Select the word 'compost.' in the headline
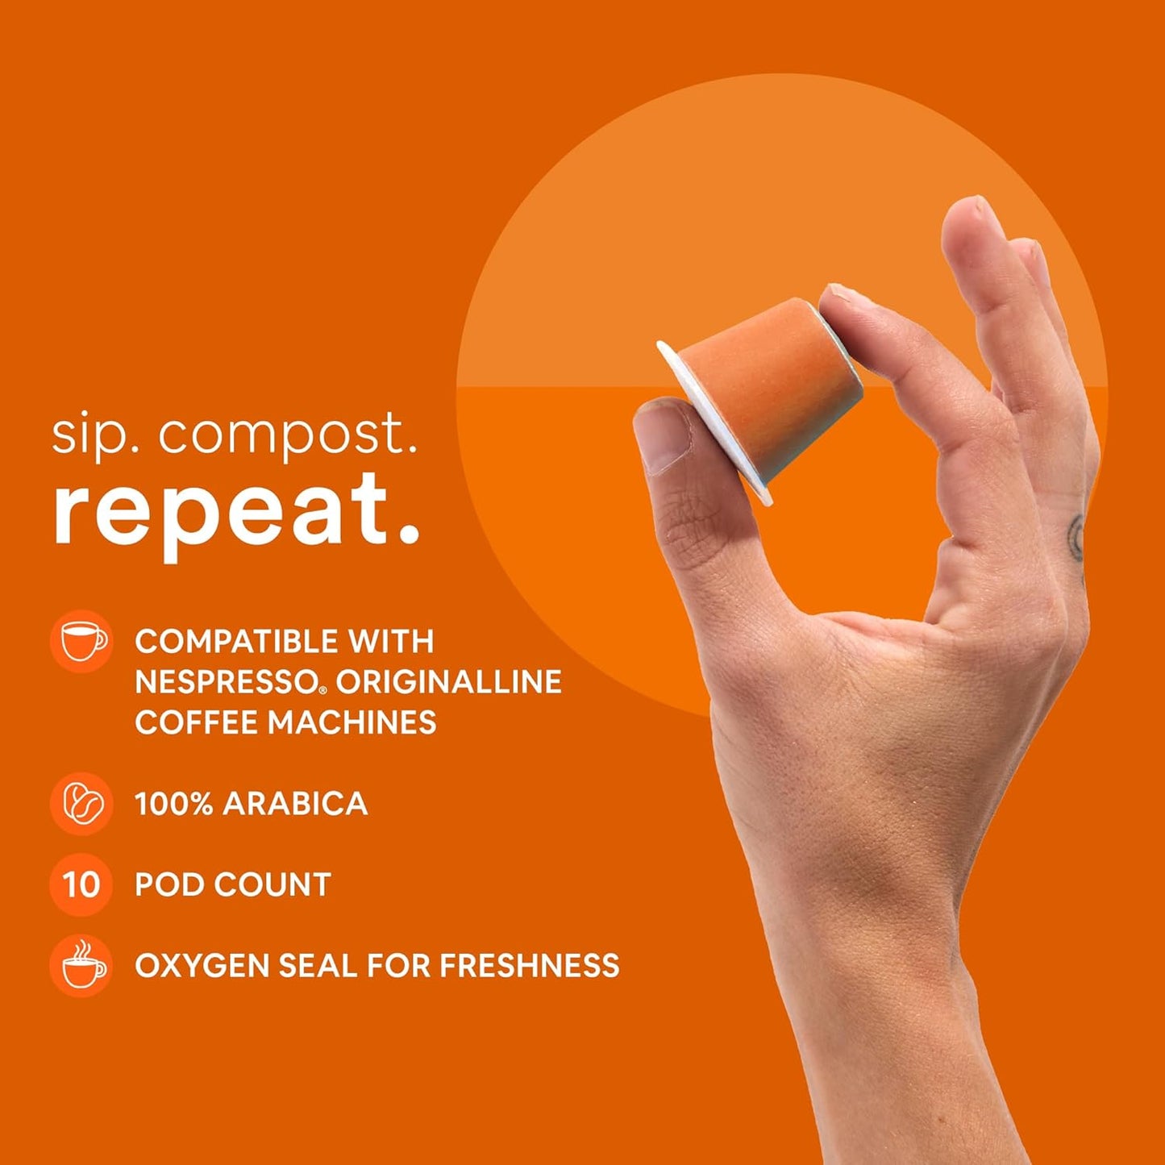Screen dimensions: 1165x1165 pos(287,436)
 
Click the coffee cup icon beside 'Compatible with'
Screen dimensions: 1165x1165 pos(81,641)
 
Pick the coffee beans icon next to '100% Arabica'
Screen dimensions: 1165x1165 pos(81,803)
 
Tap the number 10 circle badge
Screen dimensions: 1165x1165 pos(81,884)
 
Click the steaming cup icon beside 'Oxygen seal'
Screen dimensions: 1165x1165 pos(81,965)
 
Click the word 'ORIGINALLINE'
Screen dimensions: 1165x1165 pos(448,682)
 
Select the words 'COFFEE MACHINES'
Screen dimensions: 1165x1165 pos(285,722)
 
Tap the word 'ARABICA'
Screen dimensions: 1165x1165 pos(294,804)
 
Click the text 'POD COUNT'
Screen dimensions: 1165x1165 pos(232,884)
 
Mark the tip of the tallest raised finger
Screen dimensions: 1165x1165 pos(972,214)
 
